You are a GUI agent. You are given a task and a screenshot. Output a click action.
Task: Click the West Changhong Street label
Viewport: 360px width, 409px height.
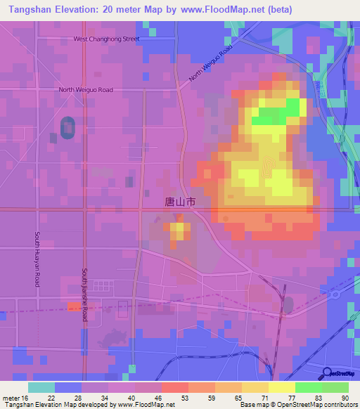click(106, 39)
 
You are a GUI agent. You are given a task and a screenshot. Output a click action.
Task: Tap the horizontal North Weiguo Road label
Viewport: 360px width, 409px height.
click(86, 90)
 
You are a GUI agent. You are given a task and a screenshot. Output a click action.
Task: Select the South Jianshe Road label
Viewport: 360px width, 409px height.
click(84, 294)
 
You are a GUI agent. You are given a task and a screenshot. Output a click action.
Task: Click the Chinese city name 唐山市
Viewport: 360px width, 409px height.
click(179, 202)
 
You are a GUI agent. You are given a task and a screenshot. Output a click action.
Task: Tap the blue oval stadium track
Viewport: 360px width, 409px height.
click(68, 127)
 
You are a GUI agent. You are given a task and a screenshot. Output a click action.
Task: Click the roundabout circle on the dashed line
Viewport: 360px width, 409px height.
click(335, 294)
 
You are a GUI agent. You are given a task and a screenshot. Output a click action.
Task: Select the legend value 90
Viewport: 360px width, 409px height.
click(345, 398)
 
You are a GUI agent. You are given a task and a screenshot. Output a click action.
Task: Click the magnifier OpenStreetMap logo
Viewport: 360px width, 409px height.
click(338, 375)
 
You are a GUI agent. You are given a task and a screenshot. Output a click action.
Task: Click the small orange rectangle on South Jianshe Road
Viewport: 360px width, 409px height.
click(74, 306)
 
